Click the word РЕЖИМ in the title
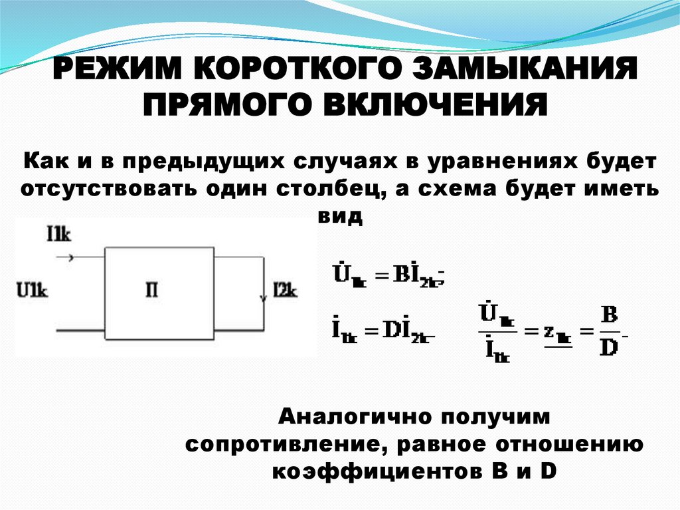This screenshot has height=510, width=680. tap(117, 71)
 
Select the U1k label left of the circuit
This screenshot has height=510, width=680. tap(33, 290)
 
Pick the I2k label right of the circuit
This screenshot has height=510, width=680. tap(286, 290)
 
